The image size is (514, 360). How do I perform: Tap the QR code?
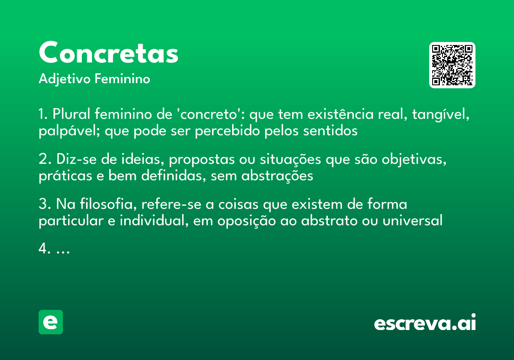point(452,65)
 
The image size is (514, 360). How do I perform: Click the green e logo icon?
point(51,322)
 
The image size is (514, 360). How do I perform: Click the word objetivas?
point(417,160)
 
